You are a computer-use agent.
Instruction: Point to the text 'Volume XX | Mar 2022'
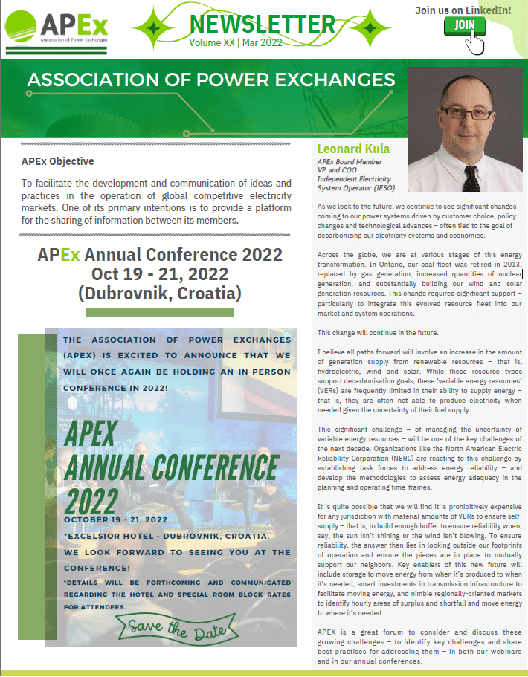pyautogui.click(x=236, y=43)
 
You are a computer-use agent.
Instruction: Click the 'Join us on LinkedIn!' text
pyautogui.click(x=463, y=10)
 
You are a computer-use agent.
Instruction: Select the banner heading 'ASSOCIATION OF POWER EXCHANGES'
pyautogui.click(x=210, y=80)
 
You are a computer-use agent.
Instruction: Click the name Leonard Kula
pyautogui.click(x=353, y=149)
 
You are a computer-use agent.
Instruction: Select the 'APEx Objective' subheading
pyautogui.click(x=58, y=161)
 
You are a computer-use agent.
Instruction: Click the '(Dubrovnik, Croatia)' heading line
pyautogui.click(x=160, y=293)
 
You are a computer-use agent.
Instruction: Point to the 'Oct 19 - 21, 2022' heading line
pyautogui.click(x=160, y=274)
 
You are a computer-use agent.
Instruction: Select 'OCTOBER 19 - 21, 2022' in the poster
pyautogui.click(x=115, y=519)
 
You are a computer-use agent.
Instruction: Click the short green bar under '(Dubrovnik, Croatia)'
pyautogui.click(x=159, y=312)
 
